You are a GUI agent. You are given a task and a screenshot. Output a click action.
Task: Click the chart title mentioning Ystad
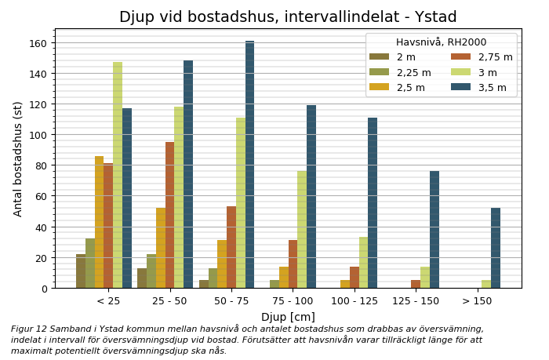pyautogui.click(x=288, y=17)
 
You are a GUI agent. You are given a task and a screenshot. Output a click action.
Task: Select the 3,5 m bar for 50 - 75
pyautogui.click(x=249, y=165)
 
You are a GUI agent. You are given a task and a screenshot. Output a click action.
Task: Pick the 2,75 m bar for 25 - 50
pyautogui.click(x=169, y=215)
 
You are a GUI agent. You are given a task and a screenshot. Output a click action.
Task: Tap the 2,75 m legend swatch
pyautogui.click(x=460, y=57)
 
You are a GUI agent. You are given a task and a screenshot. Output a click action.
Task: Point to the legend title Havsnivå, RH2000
pyautogui.click(x=441, y=42)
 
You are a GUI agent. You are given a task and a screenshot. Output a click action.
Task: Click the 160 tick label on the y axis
pyautogui.click(x=38, y=43)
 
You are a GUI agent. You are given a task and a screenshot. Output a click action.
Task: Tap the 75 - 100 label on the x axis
pyautogui.click(x=293, y=301)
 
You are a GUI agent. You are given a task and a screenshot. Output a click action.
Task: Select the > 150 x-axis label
pyautogui.click(x=476, y=301)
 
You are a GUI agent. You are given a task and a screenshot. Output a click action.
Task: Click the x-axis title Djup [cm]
pyautogui.click(x=288, y=317)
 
